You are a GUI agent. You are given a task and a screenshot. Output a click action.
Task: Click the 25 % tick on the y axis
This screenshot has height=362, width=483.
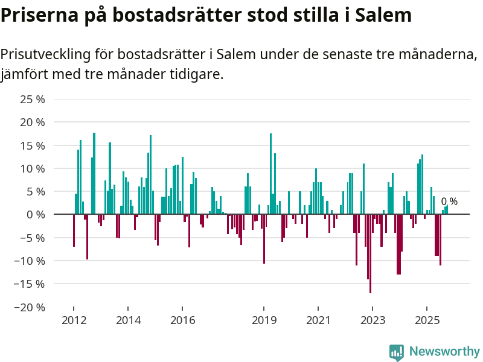33,99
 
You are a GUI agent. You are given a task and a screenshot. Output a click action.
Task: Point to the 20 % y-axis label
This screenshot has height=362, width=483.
33,122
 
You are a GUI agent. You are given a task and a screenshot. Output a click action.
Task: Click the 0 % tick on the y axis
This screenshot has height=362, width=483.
36,215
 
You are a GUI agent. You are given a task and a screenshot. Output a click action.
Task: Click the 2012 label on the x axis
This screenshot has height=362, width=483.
74,320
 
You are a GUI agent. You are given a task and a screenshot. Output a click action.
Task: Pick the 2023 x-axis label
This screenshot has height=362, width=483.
373,320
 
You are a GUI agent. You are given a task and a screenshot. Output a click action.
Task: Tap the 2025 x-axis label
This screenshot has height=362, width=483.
427,320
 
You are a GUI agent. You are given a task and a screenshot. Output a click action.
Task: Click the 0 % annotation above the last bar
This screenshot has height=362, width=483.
449,202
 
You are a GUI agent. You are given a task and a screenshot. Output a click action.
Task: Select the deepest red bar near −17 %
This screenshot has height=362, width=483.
370,253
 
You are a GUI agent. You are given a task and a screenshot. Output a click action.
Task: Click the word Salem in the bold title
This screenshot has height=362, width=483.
383,15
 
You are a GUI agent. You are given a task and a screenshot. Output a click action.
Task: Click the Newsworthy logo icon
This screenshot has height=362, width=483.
397,352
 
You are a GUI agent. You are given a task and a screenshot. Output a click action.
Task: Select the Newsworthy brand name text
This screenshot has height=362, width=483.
444,352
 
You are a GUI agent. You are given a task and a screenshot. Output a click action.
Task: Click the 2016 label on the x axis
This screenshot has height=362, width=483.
182,320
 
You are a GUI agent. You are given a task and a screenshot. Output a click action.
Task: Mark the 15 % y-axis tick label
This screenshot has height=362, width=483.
33,145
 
